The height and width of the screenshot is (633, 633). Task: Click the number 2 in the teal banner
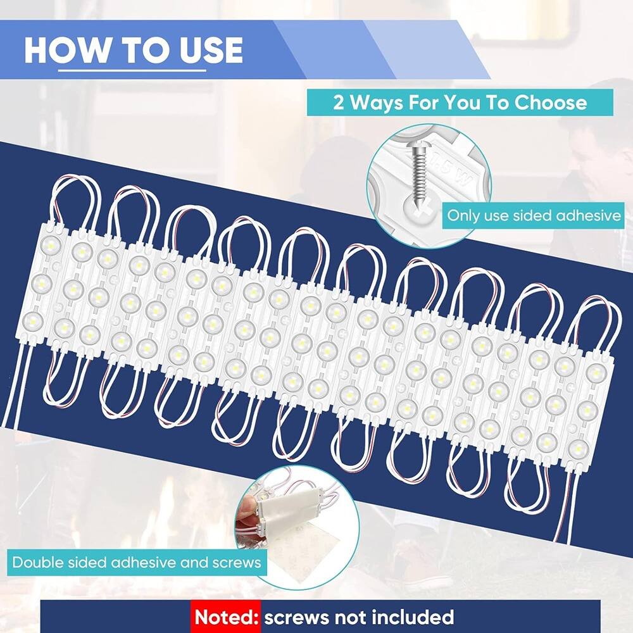pos(339,103)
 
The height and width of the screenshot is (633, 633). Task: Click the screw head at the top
pos(412,150)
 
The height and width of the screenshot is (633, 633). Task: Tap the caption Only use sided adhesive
pos(534,215)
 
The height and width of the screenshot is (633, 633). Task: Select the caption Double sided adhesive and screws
pos(137,561)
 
